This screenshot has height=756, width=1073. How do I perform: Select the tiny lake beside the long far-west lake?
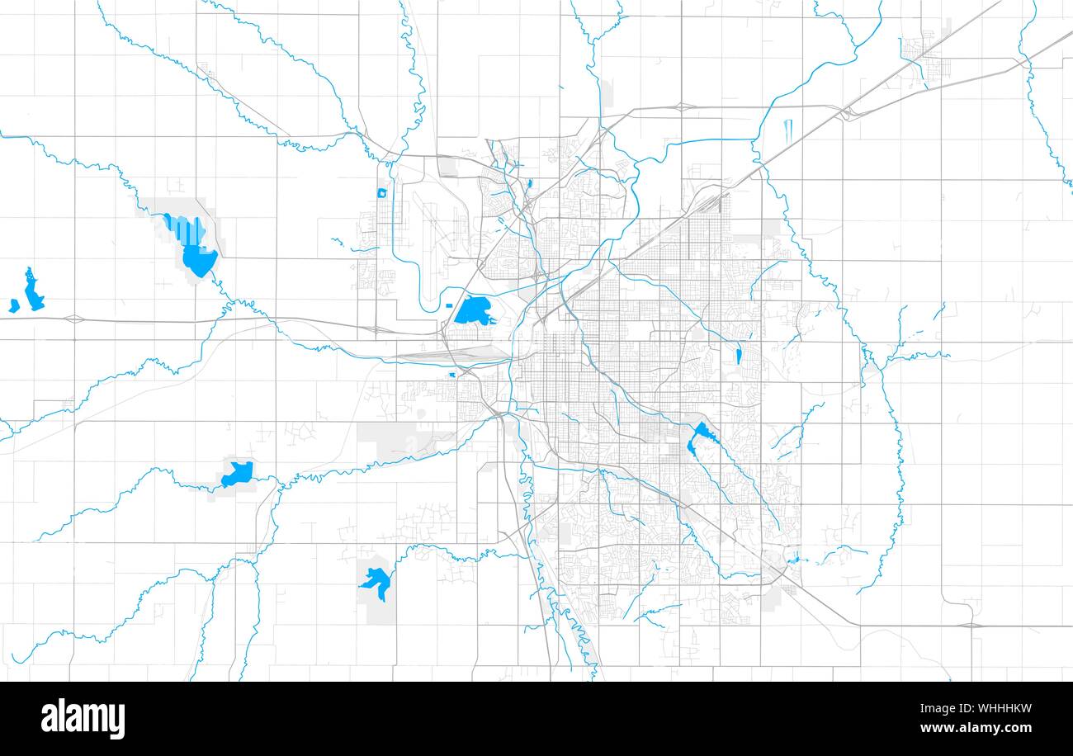tap(14, 306)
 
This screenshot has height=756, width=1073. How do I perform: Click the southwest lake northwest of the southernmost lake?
tap(239, 473)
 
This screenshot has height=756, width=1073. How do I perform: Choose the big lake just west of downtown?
tap(473, 311)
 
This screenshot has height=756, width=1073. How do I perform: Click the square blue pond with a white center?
tap(381, 193)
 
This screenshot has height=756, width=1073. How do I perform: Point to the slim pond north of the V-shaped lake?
tap(739, 356)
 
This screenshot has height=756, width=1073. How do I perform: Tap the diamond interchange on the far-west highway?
tap(73, 318)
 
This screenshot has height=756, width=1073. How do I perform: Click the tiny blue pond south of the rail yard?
tap(452, 375)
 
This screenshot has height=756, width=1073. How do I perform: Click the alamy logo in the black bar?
tap(83, 718)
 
